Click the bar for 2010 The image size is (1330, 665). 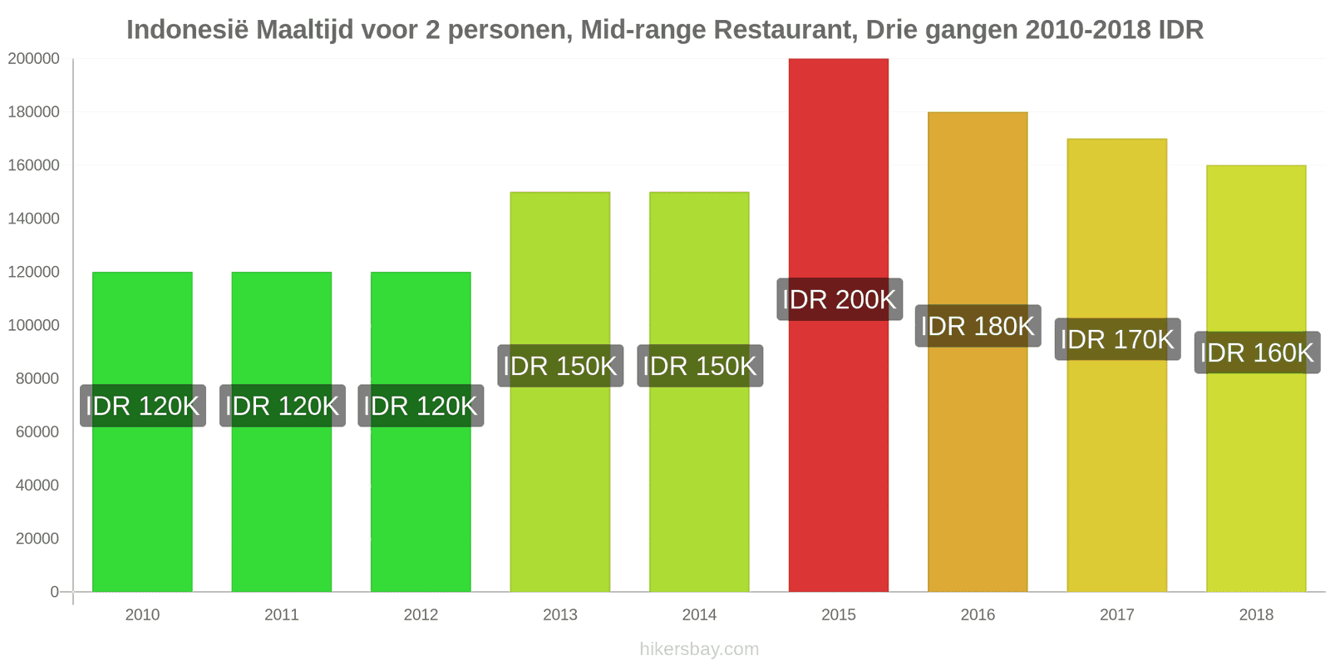pos(142,499)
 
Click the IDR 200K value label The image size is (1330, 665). pos(839,299)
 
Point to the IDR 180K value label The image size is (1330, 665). pos(978,326)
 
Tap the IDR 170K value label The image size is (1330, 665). pos(1117,339)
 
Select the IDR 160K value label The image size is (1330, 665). pos(1257,352)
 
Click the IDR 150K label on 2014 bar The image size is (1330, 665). pos(699,366)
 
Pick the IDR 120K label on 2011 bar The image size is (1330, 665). pos(282,406)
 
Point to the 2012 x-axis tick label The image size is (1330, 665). pos(421,615)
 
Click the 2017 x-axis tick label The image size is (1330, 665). pos(1117,615)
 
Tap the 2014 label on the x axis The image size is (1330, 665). pos(699,615)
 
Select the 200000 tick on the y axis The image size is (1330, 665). pos(34,59)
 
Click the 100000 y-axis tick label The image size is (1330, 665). pos(34,325)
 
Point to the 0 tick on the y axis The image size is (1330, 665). pos(54,592)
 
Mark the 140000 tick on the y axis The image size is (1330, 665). pos(34,219)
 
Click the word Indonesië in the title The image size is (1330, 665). pos(188,30)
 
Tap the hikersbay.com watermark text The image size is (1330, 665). pos(699,649)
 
